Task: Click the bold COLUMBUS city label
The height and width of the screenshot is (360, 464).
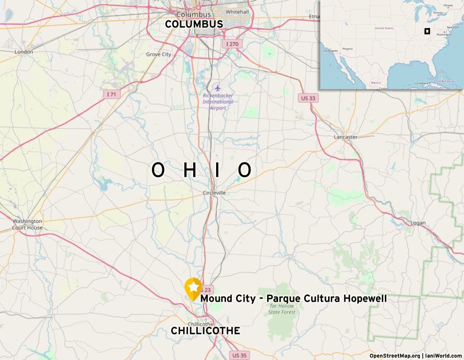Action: (x=194, y=24)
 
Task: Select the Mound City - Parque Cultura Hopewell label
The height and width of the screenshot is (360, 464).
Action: (x=293, y=299)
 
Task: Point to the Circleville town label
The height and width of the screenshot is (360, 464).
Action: (x=215, y=193)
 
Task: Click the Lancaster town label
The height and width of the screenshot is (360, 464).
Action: (x=346, y=137)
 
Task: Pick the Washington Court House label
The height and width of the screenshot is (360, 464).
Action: (x=28, y=225)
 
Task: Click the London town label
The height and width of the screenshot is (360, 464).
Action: (x=24, y=52)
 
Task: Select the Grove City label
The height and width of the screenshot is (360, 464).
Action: (x=158, y=54)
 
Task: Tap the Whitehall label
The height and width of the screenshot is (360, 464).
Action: (x=237, y=12)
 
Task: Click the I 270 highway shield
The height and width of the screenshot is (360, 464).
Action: (x=232, y=44)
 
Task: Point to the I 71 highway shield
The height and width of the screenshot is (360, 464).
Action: (x=111, y=94)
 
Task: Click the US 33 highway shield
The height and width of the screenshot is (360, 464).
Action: (x=309, y=98)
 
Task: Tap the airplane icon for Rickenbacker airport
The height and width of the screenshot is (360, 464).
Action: (x=218, y=88)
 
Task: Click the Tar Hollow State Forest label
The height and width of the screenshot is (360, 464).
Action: (x=282, y=309)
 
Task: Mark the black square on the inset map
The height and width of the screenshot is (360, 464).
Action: (x=427, y=31)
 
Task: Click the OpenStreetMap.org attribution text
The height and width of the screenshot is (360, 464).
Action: (x=395, y=356)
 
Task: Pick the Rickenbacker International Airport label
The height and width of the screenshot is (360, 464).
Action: (x=218, y=102)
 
